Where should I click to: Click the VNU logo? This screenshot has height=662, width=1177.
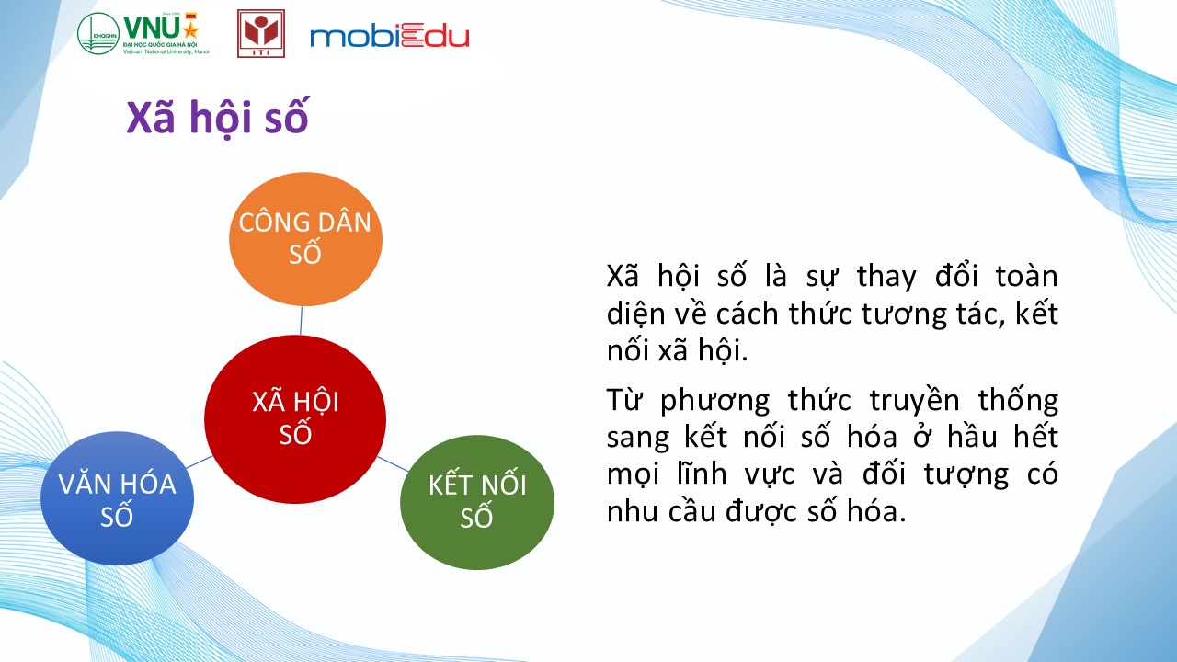pyautogui.click(x=143, y=33)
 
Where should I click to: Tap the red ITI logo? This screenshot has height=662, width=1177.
pyautogui.click(x=261, y=33)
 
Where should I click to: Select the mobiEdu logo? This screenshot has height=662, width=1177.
pyautogui.click(x=389, y=36)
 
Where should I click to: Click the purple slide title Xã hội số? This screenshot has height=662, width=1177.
pyautogui.click(x=217, y=118)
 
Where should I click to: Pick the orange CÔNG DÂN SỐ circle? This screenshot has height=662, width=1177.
pyautogui.click(x=305, y=239)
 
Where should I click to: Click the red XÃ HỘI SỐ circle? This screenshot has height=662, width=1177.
pyautogui.click(x=295, y=419)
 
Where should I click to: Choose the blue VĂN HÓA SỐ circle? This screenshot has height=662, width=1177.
pyautogui.click(x=117, y=498)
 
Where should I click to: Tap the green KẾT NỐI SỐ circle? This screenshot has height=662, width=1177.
pyautogui.click(x=477, y=502)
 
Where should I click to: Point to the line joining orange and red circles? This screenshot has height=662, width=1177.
pyautogui.click(x=301, y=321)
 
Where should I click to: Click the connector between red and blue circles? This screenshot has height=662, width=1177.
pyautogui.click(x=200, y=462)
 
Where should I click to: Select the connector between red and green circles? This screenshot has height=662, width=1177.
pyautogui.click(x=393, y=464)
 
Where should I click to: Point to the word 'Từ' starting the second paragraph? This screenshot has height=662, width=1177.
pyautogui.click(x=623, y=399)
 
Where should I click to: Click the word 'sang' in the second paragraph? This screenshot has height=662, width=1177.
pyautogui.click(x=638, y=437)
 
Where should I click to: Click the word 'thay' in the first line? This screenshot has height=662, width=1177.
pyautogui.click(x=887, y=277)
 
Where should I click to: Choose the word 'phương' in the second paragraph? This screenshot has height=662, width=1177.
pyautogui.click(x=715, y=402)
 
